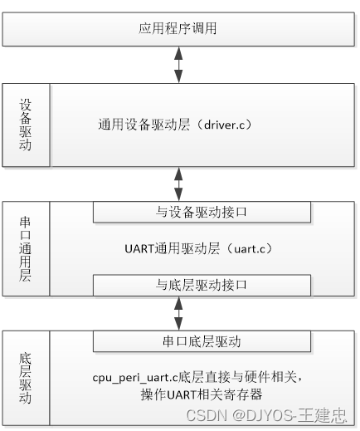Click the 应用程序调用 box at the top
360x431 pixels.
click(x=178, y=29)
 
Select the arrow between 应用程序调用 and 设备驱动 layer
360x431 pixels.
click(x=178, y=66)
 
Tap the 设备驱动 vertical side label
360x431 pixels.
click(x=26, y=125)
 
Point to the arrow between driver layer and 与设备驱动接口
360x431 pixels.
click(x=178, y=184)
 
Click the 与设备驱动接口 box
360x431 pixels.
click(x=202, y=212)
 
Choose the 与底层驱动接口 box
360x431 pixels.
click(x=202, y=285)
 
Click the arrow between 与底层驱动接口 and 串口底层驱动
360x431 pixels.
click(x=178, y=313)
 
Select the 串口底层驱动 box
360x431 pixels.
click(x=201, y=341)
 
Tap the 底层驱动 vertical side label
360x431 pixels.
click(x=26, y=378)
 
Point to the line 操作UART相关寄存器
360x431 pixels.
click(x=202, y=395)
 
